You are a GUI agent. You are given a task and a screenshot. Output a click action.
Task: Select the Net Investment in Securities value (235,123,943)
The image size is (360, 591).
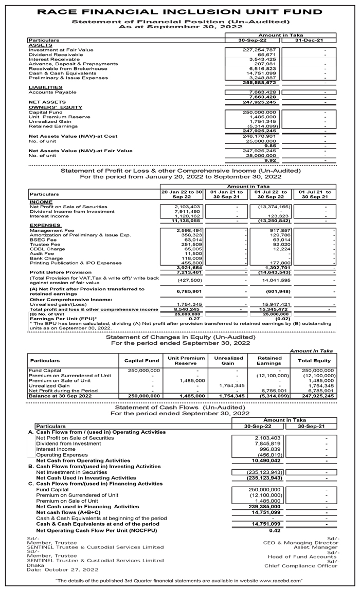tap(264, 472)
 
